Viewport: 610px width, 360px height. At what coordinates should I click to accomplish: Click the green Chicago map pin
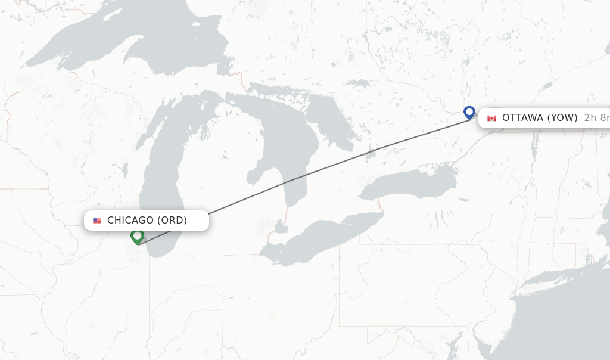click(x=137, y=237)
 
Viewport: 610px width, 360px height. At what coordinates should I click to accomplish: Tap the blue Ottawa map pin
click(x=469, y=112)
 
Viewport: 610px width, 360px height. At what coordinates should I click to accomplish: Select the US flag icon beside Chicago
click(x=97, y=221)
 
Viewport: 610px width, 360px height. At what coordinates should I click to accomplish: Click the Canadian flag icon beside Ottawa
click(x=491, y=118)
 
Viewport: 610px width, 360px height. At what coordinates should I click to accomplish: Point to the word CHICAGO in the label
click(x=130, y=221)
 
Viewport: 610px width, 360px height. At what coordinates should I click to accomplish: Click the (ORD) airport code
click(x=172, y=221)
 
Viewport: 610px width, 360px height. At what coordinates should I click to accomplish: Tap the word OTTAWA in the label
click(x=522, y=118)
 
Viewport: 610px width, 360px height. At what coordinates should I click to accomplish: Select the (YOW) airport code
click(x=562, y=118)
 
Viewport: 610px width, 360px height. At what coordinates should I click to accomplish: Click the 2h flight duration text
click(x=590, y=118)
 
